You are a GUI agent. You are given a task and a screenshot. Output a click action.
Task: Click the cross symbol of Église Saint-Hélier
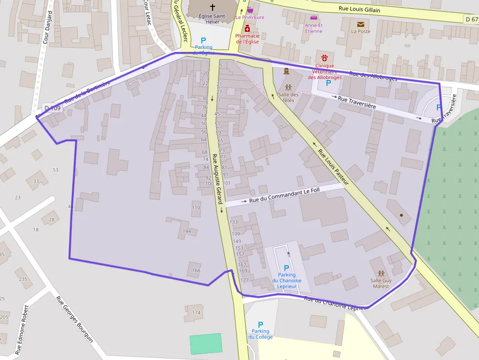(x=212, y=7)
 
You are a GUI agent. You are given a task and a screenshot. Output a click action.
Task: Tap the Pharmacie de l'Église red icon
(x=247, y=29)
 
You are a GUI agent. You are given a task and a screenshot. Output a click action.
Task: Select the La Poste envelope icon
(x=361, y=24)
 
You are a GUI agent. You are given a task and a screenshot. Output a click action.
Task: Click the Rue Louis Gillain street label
(x=359, y=9)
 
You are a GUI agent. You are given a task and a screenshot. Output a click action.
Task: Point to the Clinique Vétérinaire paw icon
(x=325, y=58)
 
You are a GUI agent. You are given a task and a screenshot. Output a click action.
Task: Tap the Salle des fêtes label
(x=288, y=97)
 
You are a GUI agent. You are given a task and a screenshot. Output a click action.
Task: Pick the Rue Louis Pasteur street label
(x=333, y=167)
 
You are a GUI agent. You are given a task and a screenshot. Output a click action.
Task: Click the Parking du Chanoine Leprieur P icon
(x=286, y=268)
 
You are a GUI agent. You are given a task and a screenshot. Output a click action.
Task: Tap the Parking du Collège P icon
(x=261, y=324)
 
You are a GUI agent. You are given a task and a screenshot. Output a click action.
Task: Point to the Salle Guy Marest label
(x=381, y=283)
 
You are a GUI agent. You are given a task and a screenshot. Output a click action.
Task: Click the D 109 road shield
(x=52, y=108)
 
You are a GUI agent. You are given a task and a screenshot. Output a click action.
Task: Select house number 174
(x=196, y=312)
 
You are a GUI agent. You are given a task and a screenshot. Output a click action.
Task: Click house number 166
(x=196, y=270)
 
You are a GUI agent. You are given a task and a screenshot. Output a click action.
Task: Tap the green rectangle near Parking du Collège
(x=206, y=343)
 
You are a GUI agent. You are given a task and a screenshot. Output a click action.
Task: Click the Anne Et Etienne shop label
(x=313, y=28)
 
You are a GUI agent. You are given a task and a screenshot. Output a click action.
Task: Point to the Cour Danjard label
(x=47, y=28)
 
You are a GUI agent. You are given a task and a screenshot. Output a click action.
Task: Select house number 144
(x=187, y=231)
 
